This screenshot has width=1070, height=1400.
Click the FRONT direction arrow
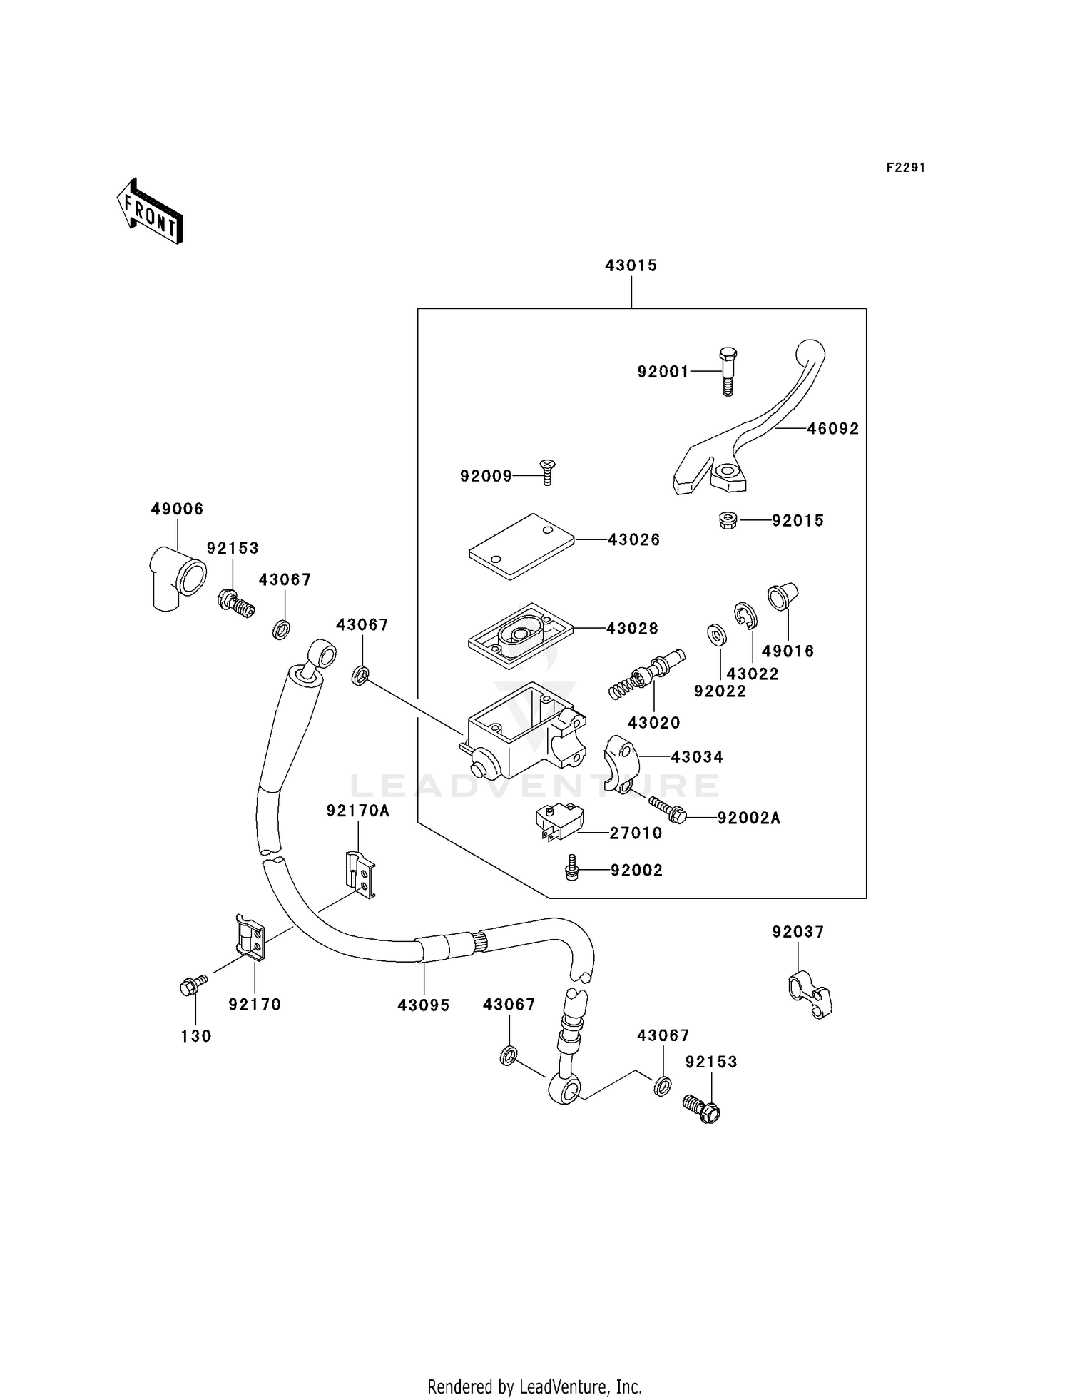[x=151, y=212]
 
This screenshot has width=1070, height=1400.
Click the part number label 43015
[x=631, y=265]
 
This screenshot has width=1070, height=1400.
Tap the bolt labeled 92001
[x=728, y=371]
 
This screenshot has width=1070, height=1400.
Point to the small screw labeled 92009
[x=547, y=472]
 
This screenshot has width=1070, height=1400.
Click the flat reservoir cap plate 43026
[x=521, y=546]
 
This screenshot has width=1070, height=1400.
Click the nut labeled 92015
[x=728, y=520]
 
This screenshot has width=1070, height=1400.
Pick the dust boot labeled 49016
[x=781, y=597]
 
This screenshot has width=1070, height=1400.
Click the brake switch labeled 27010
[x=559, y=822]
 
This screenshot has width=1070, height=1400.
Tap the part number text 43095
[x=424, y=1005]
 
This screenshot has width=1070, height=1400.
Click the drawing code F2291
[x=905, y=168]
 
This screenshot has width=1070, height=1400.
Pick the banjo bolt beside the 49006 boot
[x=235, y=603]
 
